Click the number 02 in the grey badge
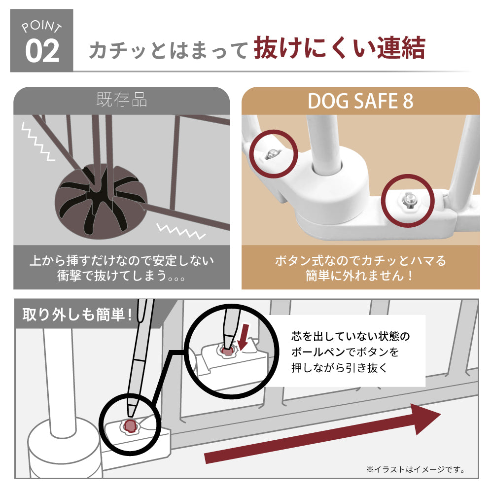[42, 51]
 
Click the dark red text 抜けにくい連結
[340, 48]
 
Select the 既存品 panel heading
[122, 100]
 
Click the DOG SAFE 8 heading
[360, 101]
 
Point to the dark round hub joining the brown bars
[101, 201]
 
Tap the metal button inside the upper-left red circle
[272, 153]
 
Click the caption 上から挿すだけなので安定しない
[122, 260]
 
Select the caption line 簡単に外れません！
[360, 276]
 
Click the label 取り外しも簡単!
[77, 314]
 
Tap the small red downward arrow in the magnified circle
[243, 337]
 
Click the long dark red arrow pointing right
[322, 433]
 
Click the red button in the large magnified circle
[227, 351]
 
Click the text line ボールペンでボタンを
[345, 352]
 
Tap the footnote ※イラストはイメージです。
[416, 469]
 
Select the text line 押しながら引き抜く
[339, 367]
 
